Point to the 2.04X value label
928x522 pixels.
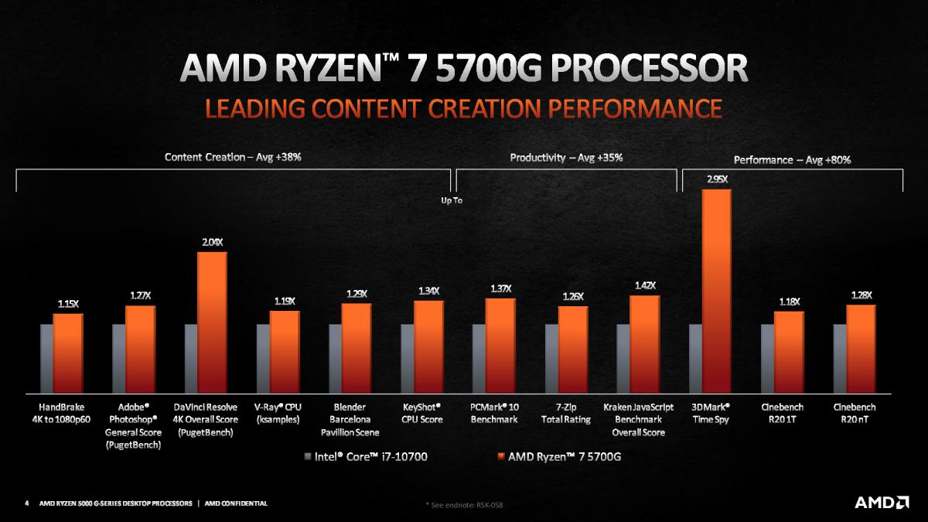pyautogui.click(x=212, y=242)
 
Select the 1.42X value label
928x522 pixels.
pyautogui.click(x=644, y=285)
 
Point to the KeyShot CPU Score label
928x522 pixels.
pyautogui.click(x=421, y=413)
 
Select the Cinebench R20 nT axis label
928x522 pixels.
pyautogui.click(x=855, y=413)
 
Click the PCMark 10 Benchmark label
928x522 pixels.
pyautogui.click(x=493, y=413)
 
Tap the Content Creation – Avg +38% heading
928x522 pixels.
pyautogui.click(x=233, y=157)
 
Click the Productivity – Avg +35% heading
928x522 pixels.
pyautogui.click(x=566, y=158)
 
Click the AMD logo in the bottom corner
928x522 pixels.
pyautogui.click(x=881, y=503)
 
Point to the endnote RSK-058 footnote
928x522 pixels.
pyautogui.click(x=468, y=505)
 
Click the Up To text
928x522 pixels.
pyautogui.click(x=451, y=201)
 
